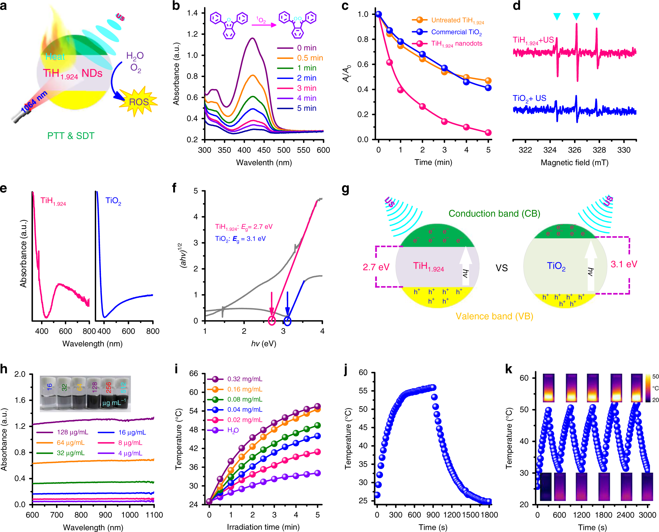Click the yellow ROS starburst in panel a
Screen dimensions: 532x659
(x=138, y=102)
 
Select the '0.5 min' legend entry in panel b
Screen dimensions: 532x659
(x=309, y=58)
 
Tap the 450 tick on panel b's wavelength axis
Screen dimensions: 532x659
(x=264, y=150)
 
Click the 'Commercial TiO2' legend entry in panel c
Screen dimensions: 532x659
(x=456, y=32)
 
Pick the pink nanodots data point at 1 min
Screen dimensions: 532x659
(x=400, y=90)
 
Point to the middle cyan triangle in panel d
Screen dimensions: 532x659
(x=576, y=16)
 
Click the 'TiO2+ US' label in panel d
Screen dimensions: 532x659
(x=529, y=98)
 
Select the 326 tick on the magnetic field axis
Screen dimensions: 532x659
(x=574, y=150)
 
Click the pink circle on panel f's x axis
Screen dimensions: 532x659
(x=272, y=321)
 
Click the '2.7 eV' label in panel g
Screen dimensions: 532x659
(x=376, y=267)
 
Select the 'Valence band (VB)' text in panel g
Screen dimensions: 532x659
(x=494, y=316)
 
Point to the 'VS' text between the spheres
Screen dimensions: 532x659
(x=501, y=268)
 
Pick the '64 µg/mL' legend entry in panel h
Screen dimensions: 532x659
(x=70, y=443)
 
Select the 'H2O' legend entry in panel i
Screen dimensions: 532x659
(x=233, y=430)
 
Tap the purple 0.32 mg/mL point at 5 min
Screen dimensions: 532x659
(x=317, y=406)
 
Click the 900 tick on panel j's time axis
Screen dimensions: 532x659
(x=433, y=515)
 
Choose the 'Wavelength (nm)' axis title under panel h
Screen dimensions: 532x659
(x=93, y=527)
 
